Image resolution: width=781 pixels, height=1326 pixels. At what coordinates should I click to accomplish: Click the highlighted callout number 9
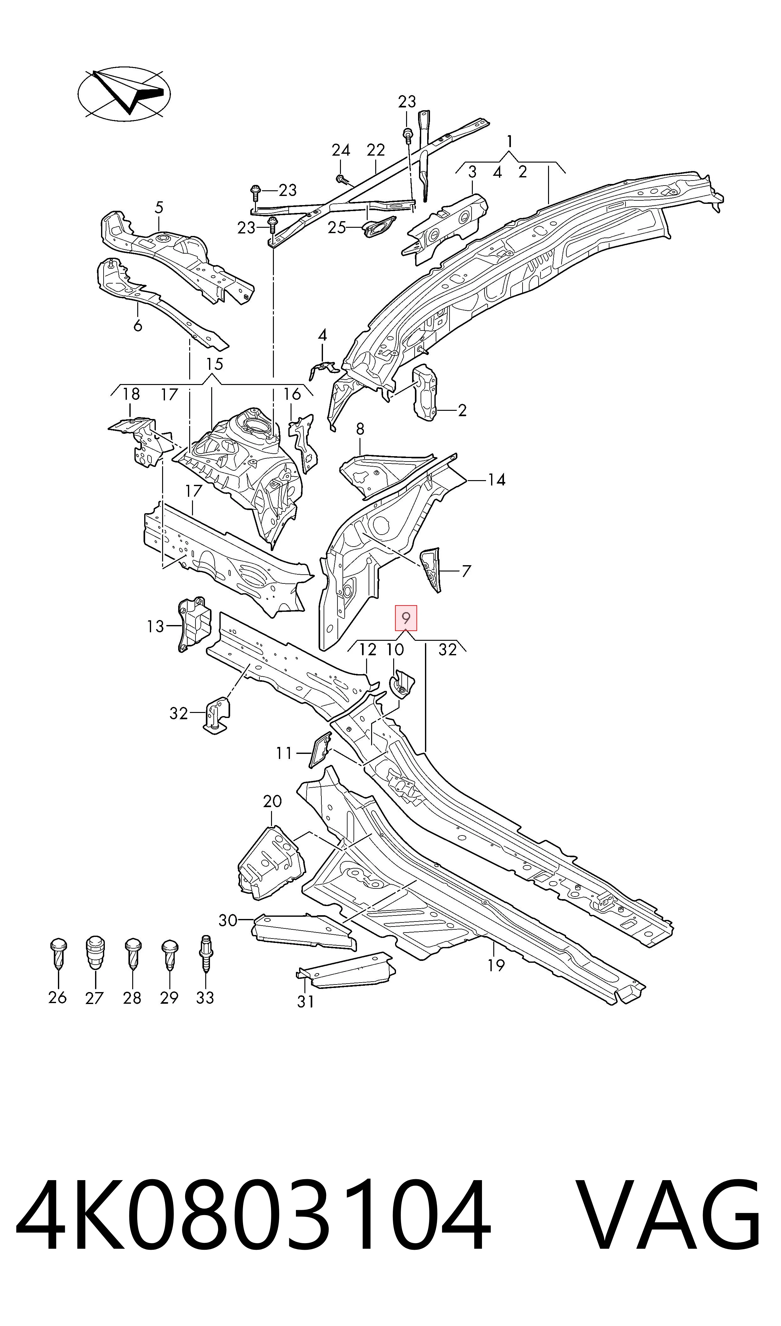pyautogui.click(x=406, y=618)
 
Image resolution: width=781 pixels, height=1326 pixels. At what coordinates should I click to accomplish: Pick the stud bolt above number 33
pyautogui.click(x=205, y=952)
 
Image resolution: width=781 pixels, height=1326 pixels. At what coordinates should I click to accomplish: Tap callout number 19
pyautogui.click(x=496, y=965)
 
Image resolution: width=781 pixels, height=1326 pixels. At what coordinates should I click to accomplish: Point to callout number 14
pyautogui.click(x=496, y=480)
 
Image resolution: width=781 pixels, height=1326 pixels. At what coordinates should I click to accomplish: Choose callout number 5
pyautogui.click(x=159, y=208)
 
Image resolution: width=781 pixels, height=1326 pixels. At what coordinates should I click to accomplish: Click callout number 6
pyautogui.click(x=138, y=326)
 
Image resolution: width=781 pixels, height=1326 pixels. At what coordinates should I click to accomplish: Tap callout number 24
pyautogui.click(x=341, y=151)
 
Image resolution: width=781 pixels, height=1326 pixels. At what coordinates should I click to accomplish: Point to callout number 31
pyautogui.click(x=305, y=1001)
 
